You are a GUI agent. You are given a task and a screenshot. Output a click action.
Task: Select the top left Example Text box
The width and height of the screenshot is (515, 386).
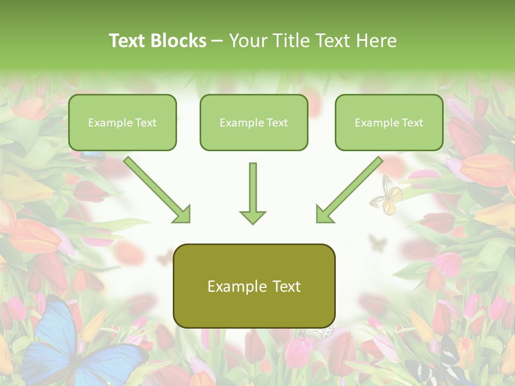pos(122,122)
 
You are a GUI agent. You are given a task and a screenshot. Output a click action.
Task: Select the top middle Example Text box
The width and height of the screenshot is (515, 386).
pos(254,122)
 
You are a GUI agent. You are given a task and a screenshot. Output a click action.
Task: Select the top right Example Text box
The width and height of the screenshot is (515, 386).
pos(389,122)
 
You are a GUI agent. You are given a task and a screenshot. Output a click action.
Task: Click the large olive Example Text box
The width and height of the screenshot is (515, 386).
pos(254,286)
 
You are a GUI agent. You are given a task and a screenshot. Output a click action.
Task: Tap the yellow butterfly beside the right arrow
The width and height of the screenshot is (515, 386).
pos(386,196)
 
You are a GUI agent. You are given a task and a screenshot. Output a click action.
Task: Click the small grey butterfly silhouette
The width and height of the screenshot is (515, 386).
pos(378,243)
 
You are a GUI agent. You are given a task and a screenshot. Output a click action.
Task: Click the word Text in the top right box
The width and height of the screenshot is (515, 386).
pos(411,122)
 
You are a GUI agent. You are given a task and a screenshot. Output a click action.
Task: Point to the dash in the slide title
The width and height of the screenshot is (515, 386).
pos(217,41)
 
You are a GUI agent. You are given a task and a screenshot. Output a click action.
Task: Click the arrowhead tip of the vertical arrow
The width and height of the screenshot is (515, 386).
pos(253,222)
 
